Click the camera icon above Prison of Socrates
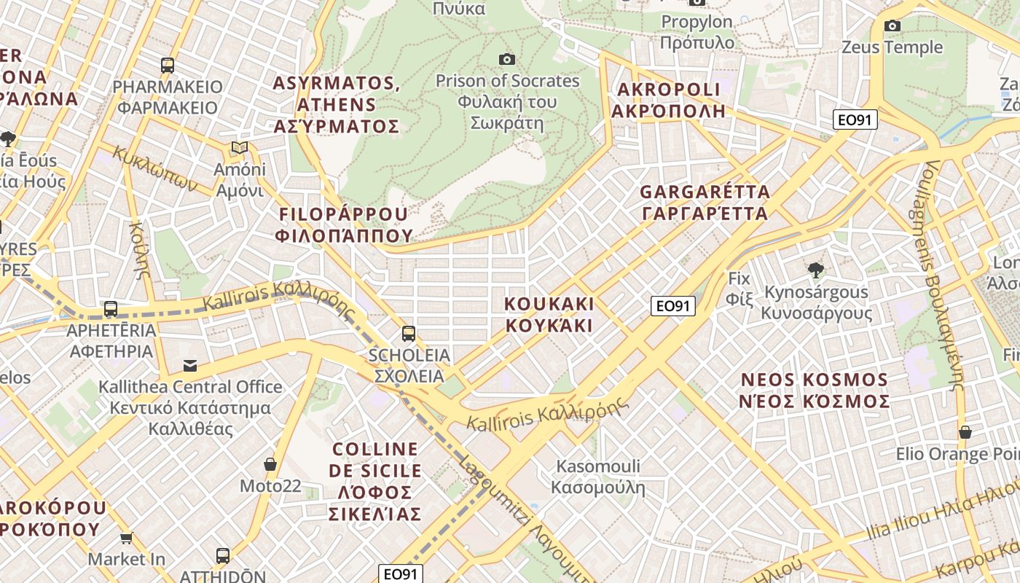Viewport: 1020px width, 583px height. [x=506, y=59]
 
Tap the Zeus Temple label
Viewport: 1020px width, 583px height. [x=892, y=47]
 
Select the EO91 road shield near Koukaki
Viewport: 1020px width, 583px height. [x=672, y=306]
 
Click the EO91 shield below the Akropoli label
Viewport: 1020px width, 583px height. [x=855, y=120]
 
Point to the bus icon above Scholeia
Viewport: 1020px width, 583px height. [x=409, y=334]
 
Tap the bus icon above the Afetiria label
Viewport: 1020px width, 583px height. [x=111, y=309]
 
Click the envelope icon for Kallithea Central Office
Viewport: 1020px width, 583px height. [x=190, y=365]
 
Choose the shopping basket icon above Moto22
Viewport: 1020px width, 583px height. [x=270, y=464]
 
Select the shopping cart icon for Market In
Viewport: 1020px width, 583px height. [x=126, y=539]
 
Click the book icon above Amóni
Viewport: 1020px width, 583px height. [x=240, y=148]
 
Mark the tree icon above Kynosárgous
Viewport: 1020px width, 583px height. [x=816, y=270]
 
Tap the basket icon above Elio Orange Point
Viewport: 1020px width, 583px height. [x=965, y=432]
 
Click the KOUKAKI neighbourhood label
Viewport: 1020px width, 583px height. [x=550, y=314]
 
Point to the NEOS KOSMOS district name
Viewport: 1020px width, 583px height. [x=814, y=391]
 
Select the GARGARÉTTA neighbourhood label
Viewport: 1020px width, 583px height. [x=704, y=203]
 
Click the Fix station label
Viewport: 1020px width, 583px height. [x=739, y=289]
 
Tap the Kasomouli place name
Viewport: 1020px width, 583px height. [x=598, y=477]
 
